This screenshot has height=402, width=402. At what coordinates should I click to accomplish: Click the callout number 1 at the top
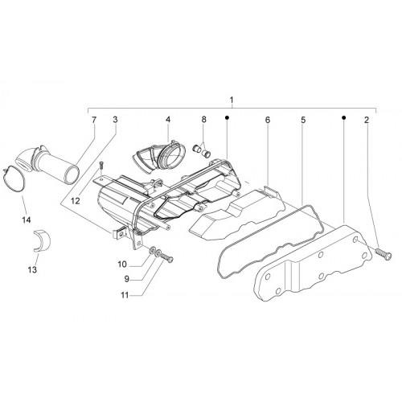tap(232, 100)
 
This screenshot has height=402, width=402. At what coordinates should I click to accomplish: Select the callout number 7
tap(93, 120)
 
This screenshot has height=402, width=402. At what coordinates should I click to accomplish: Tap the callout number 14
tap(27, 220)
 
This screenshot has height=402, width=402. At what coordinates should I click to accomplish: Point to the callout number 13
tap(32, 269)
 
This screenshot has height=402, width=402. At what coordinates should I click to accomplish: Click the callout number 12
tap(76, 201)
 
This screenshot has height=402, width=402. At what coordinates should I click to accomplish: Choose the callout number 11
tap(125, 295)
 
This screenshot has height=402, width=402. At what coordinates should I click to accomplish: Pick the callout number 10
tap(122, 265)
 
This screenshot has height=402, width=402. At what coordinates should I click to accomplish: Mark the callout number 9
tap(126, 279)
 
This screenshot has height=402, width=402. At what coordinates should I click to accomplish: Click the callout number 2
tap(367, 120)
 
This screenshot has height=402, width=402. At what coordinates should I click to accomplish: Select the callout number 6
tap(268, 120)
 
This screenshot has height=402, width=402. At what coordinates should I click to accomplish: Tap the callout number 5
tap(303, 120)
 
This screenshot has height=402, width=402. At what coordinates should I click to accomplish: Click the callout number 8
tap(204, 120)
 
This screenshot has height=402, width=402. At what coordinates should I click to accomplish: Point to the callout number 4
tap(168, 120)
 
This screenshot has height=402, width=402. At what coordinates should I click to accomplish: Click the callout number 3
tap(115, 120)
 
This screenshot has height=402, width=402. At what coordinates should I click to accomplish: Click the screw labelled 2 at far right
tap(384, 252)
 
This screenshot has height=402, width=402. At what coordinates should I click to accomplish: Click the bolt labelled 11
tap(167, 258)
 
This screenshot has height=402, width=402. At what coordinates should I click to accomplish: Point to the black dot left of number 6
tap(227, 117)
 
